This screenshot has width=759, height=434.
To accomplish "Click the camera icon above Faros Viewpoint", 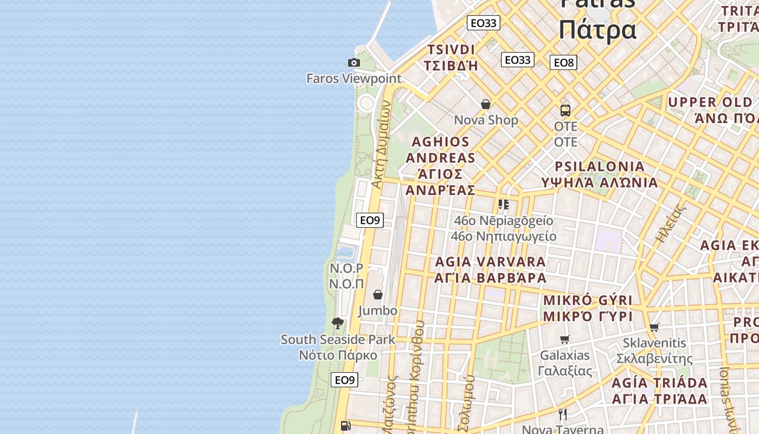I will [x=354, y=63].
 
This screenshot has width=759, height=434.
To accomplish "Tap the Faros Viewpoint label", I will [x=354, y=79].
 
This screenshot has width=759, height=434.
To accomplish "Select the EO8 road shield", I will [x=563, y=63].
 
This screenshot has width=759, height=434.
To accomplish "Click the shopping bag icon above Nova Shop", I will [x=486, y=104].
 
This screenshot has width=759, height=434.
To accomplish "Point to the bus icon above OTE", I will [x=565, y=111].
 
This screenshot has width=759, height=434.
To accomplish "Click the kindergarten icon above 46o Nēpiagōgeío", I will [x=504, y=205].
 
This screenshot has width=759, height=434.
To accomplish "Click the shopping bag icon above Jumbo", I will [x=378, y=295].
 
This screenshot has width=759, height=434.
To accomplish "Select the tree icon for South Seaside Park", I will [x=338, y=324].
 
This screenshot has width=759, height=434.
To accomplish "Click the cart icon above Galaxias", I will [x=565, y=340].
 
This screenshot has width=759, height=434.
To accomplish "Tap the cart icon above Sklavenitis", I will [x=654, y=328].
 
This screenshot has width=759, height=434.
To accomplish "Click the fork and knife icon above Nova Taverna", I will [x=563, y=414].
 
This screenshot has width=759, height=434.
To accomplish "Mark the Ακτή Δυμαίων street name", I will [x=381, y=145].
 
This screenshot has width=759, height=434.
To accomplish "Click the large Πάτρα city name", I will [x=597, y=29].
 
